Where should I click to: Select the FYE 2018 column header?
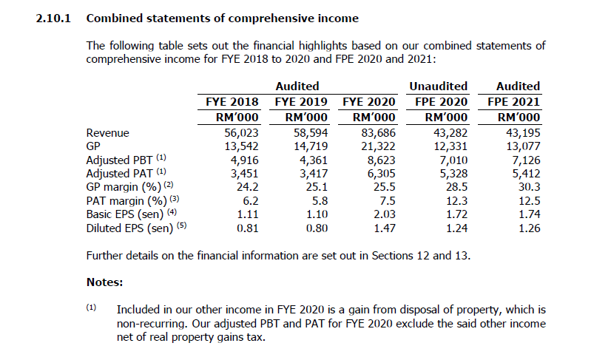coord(231,101)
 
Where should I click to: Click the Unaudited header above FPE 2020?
coord(439,86)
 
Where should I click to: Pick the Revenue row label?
coord(108,133)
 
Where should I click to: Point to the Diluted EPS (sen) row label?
coord(128,228)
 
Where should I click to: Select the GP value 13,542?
coord(241,146)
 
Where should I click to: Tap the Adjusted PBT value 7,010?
coord(449,160)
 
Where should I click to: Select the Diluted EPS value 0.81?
coord(246,228)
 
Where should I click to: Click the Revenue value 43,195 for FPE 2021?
coord(520,133)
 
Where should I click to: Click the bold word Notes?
coord(105,282)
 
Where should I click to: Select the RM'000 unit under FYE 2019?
coord(302,117)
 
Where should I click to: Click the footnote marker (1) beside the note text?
coord(92,308)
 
